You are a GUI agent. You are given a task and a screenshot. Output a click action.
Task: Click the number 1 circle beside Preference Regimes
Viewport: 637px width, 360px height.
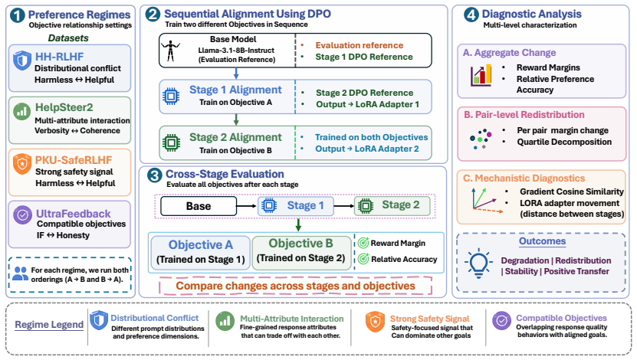pos(17,15)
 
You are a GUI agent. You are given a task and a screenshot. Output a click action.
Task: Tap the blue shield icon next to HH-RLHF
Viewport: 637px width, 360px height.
pos(22,61)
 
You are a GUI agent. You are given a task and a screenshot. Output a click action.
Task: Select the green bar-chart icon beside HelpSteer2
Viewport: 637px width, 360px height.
pos(22,111)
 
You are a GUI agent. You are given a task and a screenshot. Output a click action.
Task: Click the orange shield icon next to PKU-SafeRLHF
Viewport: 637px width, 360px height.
pos(22,164)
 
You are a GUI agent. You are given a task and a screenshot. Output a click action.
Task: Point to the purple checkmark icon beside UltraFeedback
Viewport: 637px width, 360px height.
pos(22,215)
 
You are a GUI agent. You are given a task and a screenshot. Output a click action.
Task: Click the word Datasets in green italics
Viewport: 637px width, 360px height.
pos(68,38)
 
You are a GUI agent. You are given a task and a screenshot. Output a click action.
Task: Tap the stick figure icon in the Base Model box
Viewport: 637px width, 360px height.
pos(170,51)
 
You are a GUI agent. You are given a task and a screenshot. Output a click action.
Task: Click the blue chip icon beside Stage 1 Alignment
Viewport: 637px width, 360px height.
pos(171,97)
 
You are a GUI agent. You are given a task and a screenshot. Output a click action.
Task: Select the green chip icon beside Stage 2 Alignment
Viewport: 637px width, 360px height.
pos(171,143)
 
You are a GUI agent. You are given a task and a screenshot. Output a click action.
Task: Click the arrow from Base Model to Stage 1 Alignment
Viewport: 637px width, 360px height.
pos(236,74)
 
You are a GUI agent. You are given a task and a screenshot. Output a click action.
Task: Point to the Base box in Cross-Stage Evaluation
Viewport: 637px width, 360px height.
pos(199,206)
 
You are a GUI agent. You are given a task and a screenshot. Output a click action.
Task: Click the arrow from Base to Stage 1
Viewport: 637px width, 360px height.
pos(247,206)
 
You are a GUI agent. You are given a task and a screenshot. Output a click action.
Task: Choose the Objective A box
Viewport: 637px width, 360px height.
pos(200,253)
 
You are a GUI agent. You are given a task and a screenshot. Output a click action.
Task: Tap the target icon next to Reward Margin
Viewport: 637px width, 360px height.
pos(363,243)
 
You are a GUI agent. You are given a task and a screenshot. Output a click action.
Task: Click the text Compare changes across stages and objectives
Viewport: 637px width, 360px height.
pos(295,286)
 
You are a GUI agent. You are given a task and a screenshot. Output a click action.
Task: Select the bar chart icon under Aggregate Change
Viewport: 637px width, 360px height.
pos(481,75)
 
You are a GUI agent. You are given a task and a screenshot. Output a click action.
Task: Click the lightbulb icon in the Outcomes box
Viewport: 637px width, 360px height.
pos(478,263)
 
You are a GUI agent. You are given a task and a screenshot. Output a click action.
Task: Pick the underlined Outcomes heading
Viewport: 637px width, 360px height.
pos(543,241)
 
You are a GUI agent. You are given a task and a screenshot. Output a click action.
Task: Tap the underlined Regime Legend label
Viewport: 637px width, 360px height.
pos(49,325)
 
